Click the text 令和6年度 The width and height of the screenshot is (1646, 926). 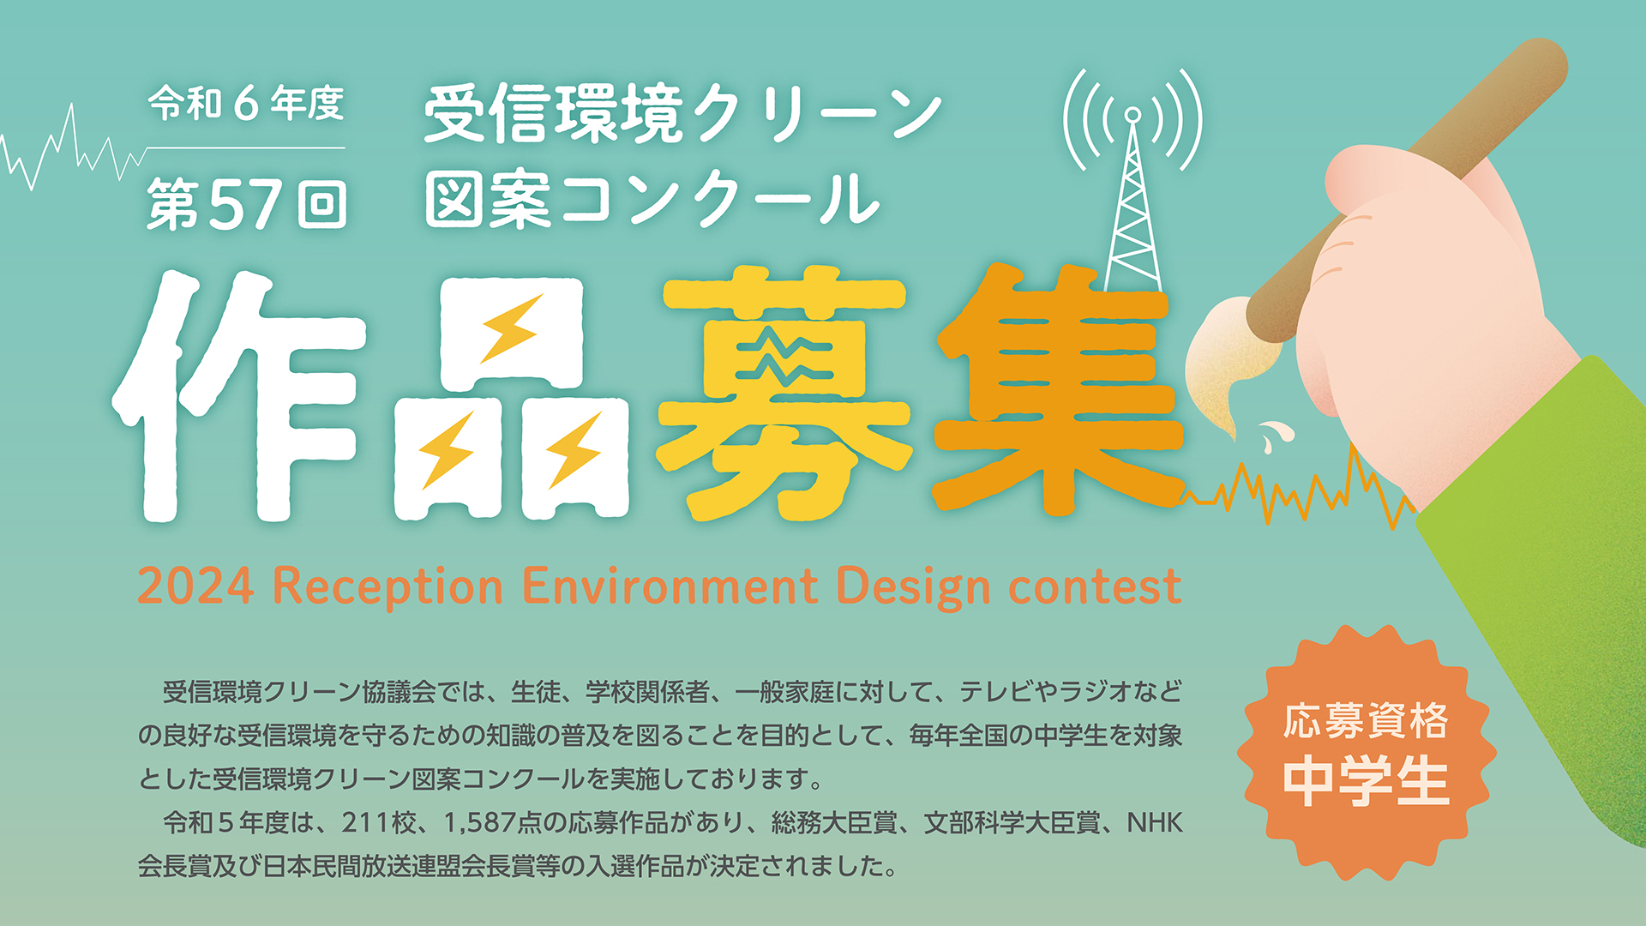246,105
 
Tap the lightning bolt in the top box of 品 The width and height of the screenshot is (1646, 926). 512,328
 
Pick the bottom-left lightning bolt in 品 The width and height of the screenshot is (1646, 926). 447,450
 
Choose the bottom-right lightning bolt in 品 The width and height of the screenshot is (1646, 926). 574,450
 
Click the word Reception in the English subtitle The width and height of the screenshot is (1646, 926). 387,587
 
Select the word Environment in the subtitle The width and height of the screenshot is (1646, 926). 670,586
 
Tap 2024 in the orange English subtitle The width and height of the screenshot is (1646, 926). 195,586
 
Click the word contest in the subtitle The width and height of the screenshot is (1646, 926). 1095,587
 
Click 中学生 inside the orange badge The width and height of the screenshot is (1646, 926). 1367,781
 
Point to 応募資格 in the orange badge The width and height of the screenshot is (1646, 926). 1366,720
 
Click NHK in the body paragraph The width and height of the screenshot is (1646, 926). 1155,823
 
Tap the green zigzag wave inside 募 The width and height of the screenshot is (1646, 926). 784,359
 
